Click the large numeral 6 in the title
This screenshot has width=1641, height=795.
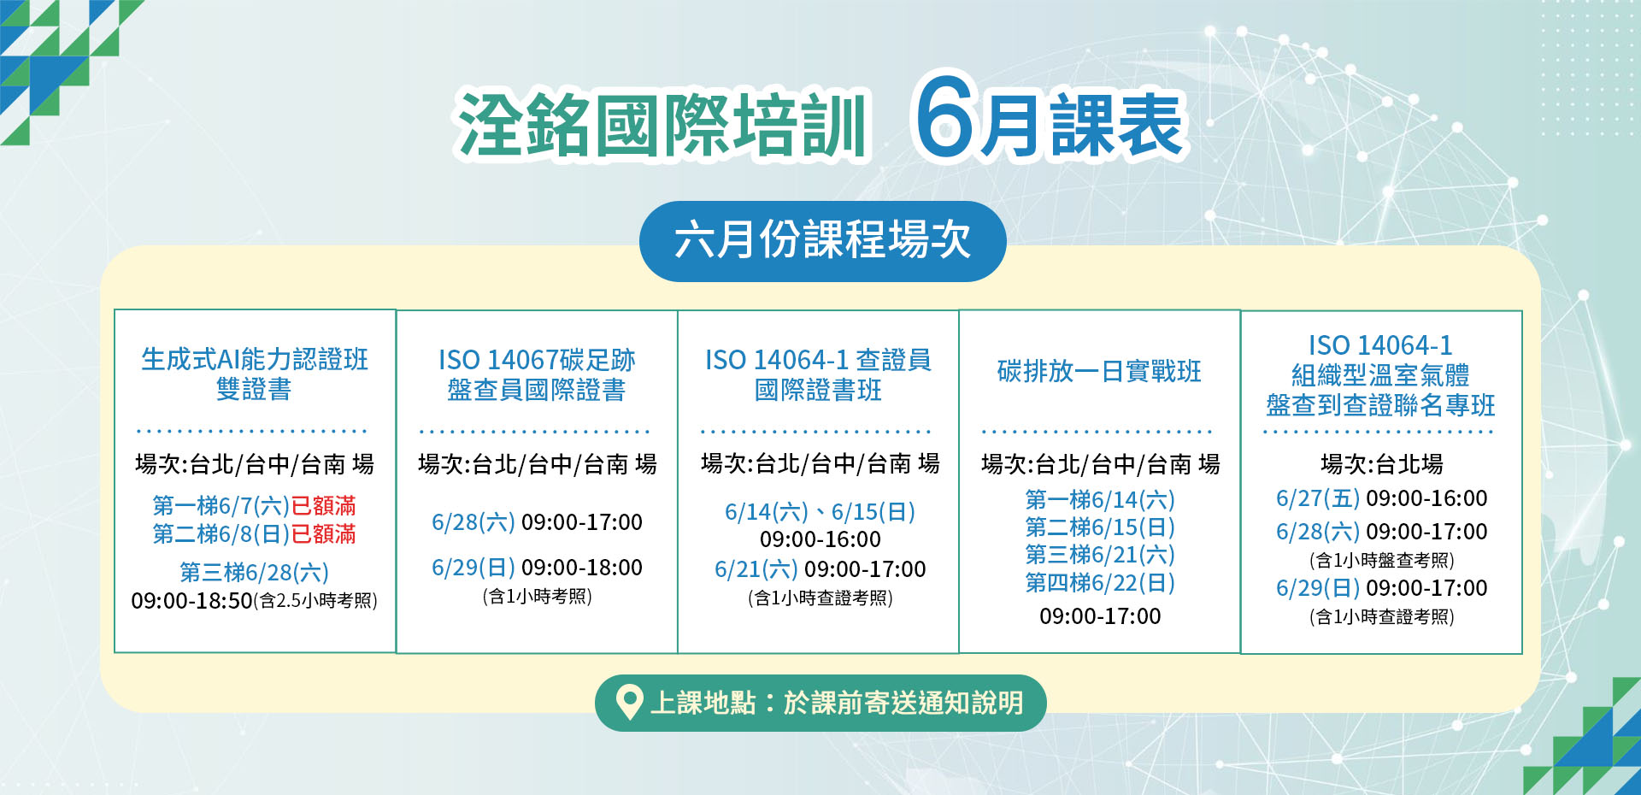(x=946, y=116)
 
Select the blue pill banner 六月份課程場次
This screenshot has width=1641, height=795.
(x=822, y=241)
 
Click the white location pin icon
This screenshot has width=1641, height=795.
(x=629, y=703)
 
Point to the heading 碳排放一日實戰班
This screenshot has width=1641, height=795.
(x=1099, y=372)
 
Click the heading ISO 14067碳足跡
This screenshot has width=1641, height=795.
(x=537, y=360)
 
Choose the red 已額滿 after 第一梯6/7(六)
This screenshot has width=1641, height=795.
(x=323, y=506)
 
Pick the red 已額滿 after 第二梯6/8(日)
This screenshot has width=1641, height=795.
(x=323, y=534)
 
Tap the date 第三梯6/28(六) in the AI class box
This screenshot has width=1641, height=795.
(x=254, y=572)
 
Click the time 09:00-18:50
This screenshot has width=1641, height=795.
(x=191, y=601)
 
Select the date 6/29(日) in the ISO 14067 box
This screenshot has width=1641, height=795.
(x=473, y=568)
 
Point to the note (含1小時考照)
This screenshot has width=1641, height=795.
(x=537, y=596)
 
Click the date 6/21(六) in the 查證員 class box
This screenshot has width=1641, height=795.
(x=756, y=569)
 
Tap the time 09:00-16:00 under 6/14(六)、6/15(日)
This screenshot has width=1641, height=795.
(x=820, y=539)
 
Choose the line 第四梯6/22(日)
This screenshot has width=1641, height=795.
(x=1100, y=583)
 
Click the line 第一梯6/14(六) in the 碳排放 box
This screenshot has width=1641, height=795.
(x=1100, y=499)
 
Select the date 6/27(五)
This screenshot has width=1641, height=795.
(x=1317, y=498)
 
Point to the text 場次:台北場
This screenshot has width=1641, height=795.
(x=1381, y=464)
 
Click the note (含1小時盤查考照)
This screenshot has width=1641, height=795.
(x=1381, y=560)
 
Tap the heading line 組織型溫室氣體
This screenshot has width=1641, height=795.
(x=1380, y=375)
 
